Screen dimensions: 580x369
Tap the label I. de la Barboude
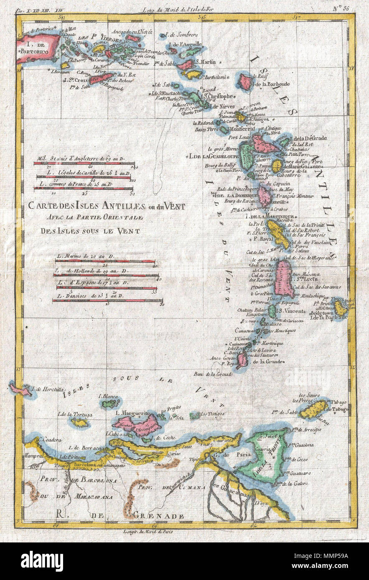click(270, 84)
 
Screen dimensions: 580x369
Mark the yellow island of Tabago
click(313, 409)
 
